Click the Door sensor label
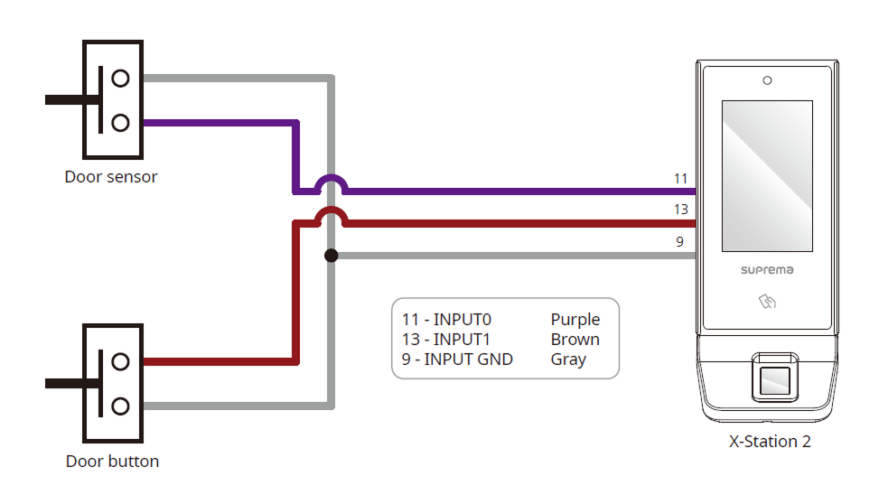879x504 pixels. pos(111,177)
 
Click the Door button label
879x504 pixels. pos(112,462)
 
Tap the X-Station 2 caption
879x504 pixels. pos(770,442)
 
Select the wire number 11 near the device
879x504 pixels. pos(681,179)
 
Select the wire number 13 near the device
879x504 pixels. pos(681,210)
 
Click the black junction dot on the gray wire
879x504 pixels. pos(331,256)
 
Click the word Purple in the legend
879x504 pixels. pos(575,320)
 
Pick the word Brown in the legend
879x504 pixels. pos(575,340)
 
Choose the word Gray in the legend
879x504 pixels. pos(569,359)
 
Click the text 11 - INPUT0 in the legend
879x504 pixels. pos(447,320)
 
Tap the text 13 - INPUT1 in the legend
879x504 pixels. pos(446,340)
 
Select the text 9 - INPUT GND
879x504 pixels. pos(458,359)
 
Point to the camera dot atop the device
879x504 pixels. pos(767,80)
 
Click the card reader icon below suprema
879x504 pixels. pos(766,303)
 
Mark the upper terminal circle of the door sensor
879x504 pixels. pos(120,78)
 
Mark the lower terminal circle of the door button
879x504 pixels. pos(120,406)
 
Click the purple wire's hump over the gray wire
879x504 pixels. pos(331,181)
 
